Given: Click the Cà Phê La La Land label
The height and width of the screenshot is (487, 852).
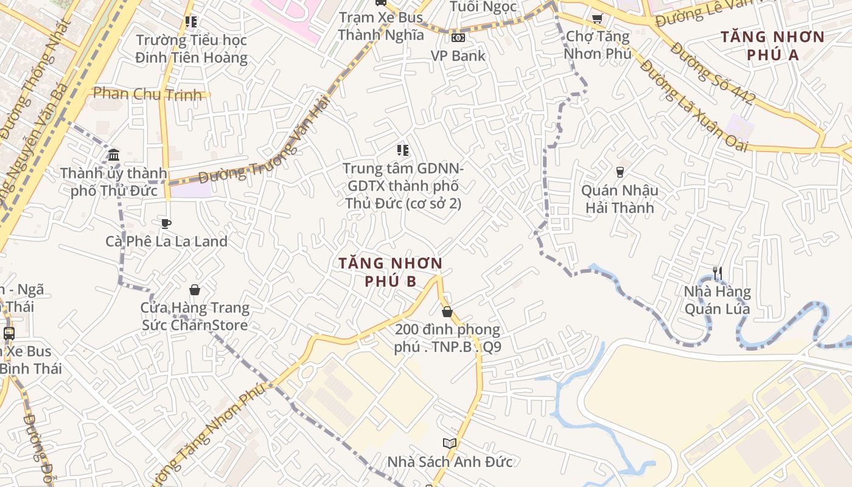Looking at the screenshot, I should pos(166,241).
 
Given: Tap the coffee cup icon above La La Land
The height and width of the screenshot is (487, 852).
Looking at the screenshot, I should pos(166,223).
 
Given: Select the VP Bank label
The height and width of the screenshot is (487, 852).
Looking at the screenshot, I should pos(458,56).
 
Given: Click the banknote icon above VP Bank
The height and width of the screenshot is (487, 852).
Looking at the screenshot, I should pos(458,38).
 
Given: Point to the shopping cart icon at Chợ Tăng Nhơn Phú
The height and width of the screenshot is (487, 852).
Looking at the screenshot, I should pos(597,19).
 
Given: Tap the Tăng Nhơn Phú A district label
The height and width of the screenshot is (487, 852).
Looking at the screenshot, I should pos(772,46).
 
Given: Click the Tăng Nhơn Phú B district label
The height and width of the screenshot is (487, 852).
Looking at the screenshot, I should pos(390,272).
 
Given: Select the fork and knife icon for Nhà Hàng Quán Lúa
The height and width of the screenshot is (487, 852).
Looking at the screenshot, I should pos(718,273).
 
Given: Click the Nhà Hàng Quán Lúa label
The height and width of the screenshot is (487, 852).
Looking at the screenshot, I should pos(717,300).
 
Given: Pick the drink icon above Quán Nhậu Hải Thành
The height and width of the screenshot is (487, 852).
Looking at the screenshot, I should pos(620,172).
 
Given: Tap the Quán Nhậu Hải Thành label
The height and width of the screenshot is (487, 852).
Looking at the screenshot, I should pos(620,199).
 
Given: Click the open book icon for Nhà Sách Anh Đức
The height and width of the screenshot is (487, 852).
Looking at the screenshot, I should pos(450,443).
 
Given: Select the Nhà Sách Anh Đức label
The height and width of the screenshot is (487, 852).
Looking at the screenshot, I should pos(450,462).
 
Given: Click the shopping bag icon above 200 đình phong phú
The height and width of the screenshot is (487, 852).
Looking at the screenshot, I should pos(447,312).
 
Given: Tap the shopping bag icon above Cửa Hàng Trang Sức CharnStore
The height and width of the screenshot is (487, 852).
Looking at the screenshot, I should pos(195,290).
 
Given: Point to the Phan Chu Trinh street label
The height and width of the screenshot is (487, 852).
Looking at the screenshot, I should pos(147,94).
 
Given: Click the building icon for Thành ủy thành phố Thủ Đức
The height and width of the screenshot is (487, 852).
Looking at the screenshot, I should pos(114,155).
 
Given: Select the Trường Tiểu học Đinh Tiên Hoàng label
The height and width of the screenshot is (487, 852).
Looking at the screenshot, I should pos(191,49).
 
